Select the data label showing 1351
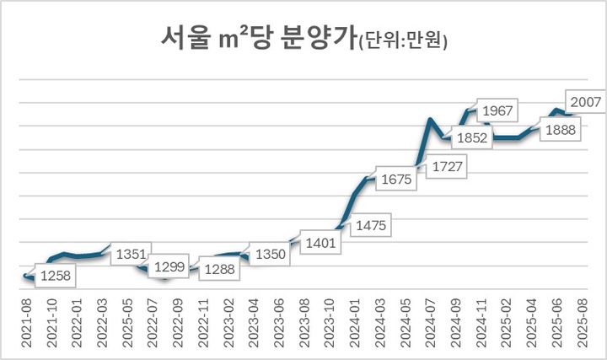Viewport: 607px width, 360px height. point(132,254)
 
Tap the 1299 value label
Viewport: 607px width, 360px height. point(170,267)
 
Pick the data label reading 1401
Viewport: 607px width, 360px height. point(322,244)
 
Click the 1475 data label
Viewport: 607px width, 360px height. point(370,225)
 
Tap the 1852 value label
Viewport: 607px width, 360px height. point(473,137)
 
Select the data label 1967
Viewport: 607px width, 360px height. point(499,111)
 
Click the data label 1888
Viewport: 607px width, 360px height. point(560,130)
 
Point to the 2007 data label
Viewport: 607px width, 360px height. point(583,103)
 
